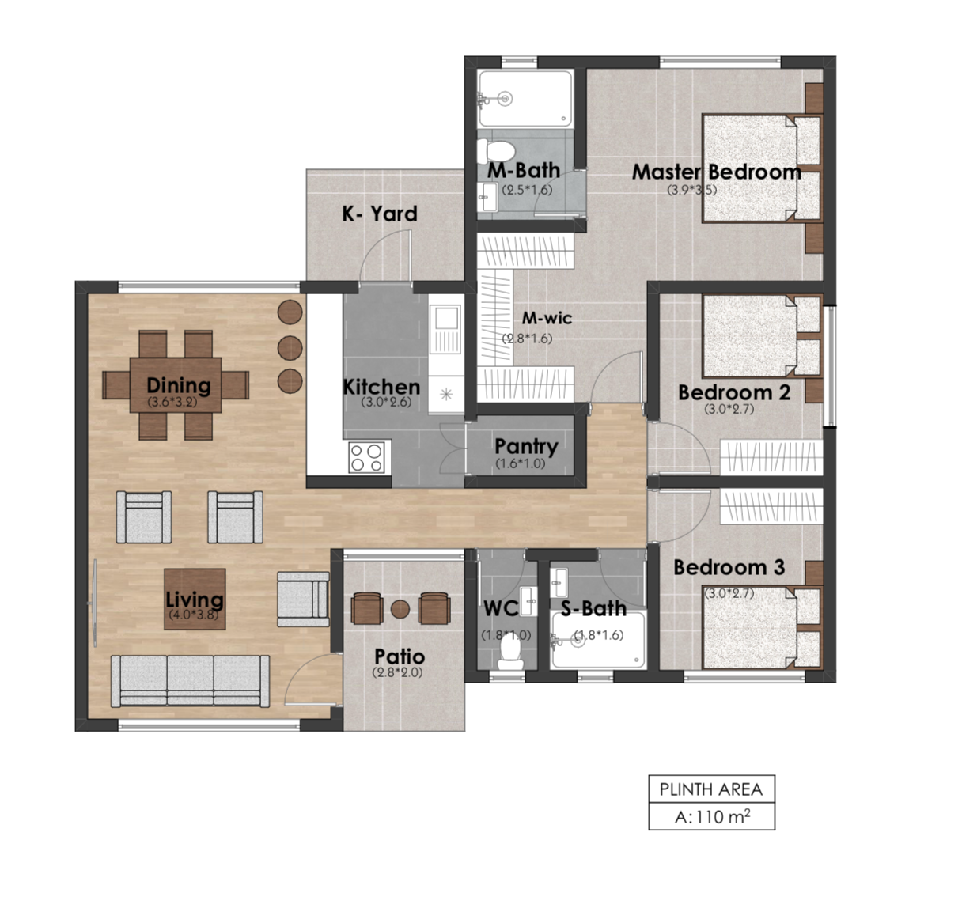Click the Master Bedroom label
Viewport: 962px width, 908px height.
pyautogui.click(x=716, y=172)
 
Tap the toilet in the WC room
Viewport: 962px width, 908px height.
pyautogui.click(x=510, y=651)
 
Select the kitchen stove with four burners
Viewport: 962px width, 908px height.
pyautogui.click(x=367, y=457)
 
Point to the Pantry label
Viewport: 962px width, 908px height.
pyautogui.click(x=526, y=446)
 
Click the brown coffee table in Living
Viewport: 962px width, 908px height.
pyautogui.click(x=195, y=599)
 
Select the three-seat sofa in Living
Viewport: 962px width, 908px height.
pyautogui.click(x=190, y=680)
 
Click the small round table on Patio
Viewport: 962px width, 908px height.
pyautogui.click(x=400, y=609)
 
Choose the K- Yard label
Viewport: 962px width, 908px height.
pyautogui.click(x=379, y=214)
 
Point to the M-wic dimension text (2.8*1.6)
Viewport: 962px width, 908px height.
pyautogui.click(x=527, y=339)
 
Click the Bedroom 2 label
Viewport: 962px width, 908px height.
pyautogui.click(x=733, y=392)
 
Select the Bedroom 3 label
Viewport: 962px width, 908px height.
pyautogui.click(x=729, y=567)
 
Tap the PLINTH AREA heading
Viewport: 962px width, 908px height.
pyautogui.click(x=710, y=789)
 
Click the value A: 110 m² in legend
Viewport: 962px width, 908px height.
pyautogui.click(x=710, y=817)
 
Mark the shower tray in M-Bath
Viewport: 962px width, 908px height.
pyautogui.click(x=525, y=98)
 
